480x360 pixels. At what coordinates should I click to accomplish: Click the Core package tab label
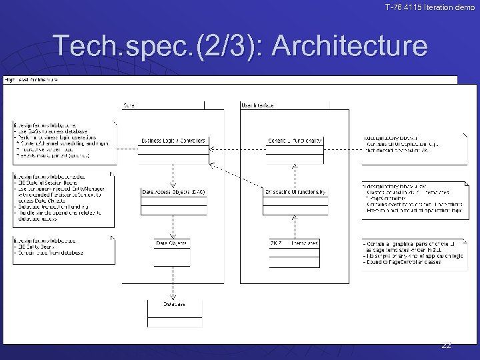pyautogui.click(x=131, y=105)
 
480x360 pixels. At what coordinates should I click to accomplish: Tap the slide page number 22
pyautogui.click(x=446, y=345)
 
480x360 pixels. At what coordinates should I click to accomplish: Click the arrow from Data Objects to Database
pyautogui.click(x=173, y=280)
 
